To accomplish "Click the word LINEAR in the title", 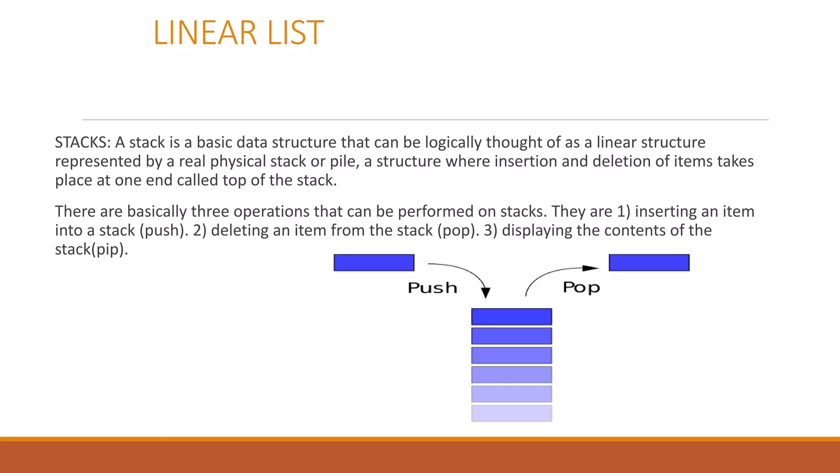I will [x=205, y=33].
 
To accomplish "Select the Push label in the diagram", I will [x=432, y=288].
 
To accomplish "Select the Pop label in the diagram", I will [x=581, y=287].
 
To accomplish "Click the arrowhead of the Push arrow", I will [x=486, y=293].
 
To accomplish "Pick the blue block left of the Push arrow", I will [x=374, y=263].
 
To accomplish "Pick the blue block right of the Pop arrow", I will [x=649, y=263].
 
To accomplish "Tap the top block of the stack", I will [x=511, y=317].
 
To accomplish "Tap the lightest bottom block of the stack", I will [x=511, y=413].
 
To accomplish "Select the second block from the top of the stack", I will [x=511, y=336].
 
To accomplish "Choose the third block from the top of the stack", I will [x=511, y=355].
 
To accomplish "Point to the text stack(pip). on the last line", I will [x=91, y=250].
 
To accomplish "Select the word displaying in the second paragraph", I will [x=537, y=231].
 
